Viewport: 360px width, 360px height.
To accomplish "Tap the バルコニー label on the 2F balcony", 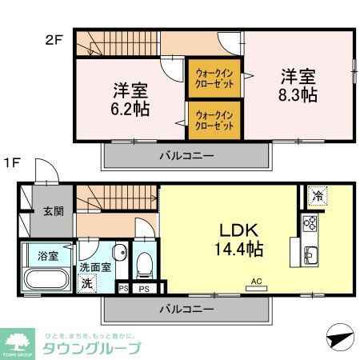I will click(185, 157).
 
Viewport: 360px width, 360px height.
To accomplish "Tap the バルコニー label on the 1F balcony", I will click(185, 308).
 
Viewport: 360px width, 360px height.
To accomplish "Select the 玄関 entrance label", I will click(54, 211).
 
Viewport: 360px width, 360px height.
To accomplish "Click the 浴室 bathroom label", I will click(37, 256).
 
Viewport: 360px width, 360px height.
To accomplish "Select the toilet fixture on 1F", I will click(145, 262).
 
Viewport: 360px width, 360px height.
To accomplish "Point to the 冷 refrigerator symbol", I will click(316, 195).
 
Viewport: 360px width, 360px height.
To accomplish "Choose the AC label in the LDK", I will click(257, 281).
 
